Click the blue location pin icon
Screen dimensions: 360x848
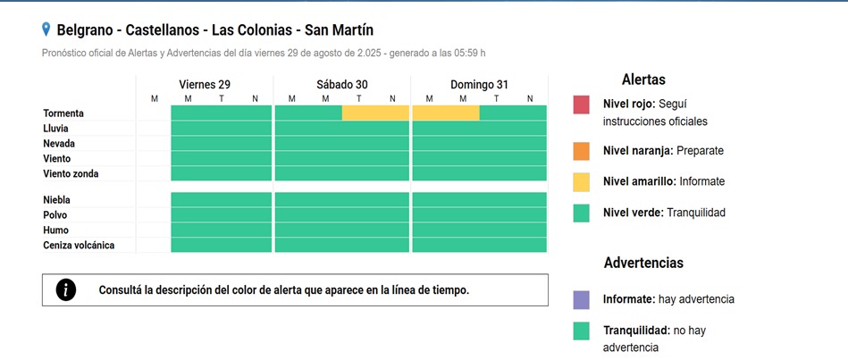click(46, 30)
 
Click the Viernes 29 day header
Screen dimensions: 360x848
click(205, 84)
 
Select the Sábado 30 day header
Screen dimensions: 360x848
click(342, 84)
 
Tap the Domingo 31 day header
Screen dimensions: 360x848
click(479, 84)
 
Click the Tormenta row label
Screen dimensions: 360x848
click(63, 113)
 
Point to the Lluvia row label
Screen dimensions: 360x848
click(56, 129)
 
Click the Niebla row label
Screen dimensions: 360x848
click(56, 200)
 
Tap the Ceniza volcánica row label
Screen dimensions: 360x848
click(79, 245)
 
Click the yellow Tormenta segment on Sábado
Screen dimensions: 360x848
click(375, 113)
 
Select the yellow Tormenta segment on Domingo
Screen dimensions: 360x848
click(446, 113)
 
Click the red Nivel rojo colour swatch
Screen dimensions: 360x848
click(582, 105)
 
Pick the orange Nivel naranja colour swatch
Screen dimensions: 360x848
click(582, 150)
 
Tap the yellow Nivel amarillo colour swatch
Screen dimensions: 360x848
click(582, 181)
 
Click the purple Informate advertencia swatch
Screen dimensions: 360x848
click(582, 299)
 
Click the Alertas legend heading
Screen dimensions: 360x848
click(643, 80)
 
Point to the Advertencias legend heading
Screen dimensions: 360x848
click(643, 263)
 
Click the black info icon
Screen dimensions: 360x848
click(66, 289)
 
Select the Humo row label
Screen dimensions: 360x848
click(55, 230)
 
